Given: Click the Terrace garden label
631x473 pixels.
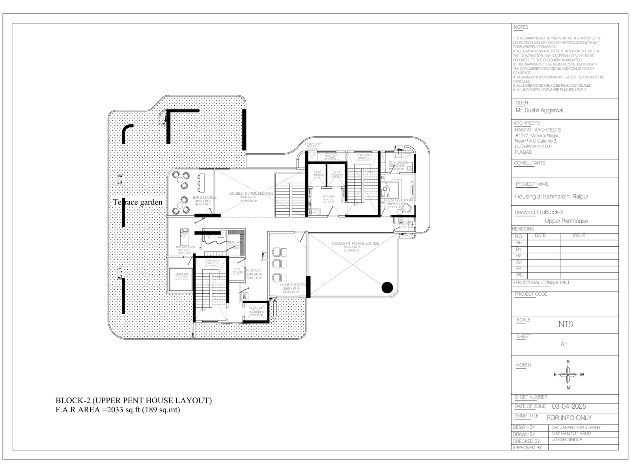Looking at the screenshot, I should [138, 202].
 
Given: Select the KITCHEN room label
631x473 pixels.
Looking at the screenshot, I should [253, 270].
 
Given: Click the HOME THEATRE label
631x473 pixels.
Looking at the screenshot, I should [292, 285].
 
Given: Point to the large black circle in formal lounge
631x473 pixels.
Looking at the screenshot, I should [387, 288].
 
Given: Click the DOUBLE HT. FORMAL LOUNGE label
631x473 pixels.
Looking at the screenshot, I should [355, 244].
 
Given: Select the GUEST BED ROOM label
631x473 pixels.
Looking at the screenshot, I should [398, 200].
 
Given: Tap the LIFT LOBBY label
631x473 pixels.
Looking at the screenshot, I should [329, 197].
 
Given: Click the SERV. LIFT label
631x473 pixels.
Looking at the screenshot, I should [257, 308].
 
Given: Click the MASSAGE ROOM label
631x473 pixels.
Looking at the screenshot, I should [185, 247].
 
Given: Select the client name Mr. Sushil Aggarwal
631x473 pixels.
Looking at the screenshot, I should [540, 110].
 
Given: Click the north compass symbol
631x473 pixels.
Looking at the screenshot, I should [568, 374].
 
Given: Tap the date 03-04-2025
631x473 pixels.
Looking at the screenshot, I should [569, 407].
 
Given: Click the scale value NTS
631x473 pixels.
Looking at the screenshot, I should [566, 324].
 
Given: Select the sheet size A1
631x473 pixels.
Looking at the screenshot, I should [564, 345].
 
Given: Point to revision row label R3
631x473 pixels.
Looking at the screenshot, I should [519, 262].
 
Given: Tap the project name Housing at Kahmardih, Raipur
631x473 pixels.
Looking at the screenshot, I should [551, 196].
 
